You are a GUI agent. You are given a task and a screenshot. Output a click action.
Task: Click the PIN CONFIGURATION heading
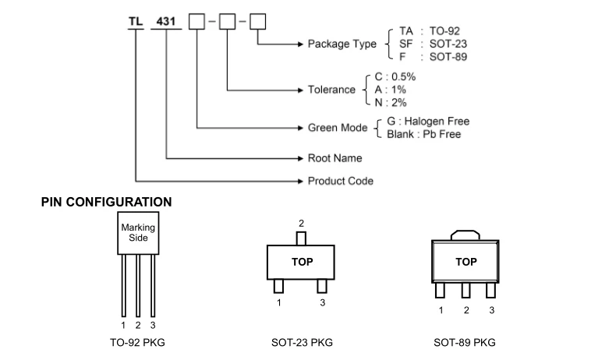106,202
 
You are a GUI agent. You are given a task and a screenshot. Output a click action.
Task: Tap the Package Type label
342,44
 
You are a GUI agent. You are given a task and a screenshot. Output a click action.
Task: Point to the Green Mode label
338,128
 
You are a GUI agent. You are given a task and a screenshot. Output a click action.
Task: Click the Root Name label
335,158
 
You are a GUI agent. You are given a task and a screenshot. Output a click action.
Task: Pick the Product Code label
340,182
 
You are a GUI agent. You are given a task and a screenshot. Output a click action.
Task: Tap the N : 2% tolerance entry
391,102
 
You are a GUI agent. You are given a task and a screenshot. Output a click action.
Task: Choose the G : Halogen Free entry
428,122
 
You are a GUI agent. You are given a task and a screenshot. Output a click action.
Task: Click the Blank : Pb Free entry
424,134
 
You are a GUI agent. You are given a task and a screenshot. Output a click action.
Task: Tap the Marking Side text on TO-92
138,232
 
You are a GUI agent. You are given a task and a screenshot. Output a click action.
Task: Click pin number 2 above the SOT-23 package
302,223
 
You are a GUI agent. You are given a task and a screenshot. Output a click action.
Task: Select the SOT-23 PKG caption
301,342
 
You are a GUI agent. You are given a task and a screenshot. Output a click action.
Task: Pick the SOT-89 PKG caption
465,342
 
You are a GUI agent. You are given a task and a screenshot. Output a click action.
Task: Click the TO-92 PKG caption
138,342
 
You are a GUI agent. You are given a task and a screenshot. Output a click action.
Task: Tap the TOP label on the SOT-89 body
466,263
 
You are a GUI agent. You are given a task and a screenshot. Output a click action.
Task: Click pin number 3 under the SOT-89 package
491,310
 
